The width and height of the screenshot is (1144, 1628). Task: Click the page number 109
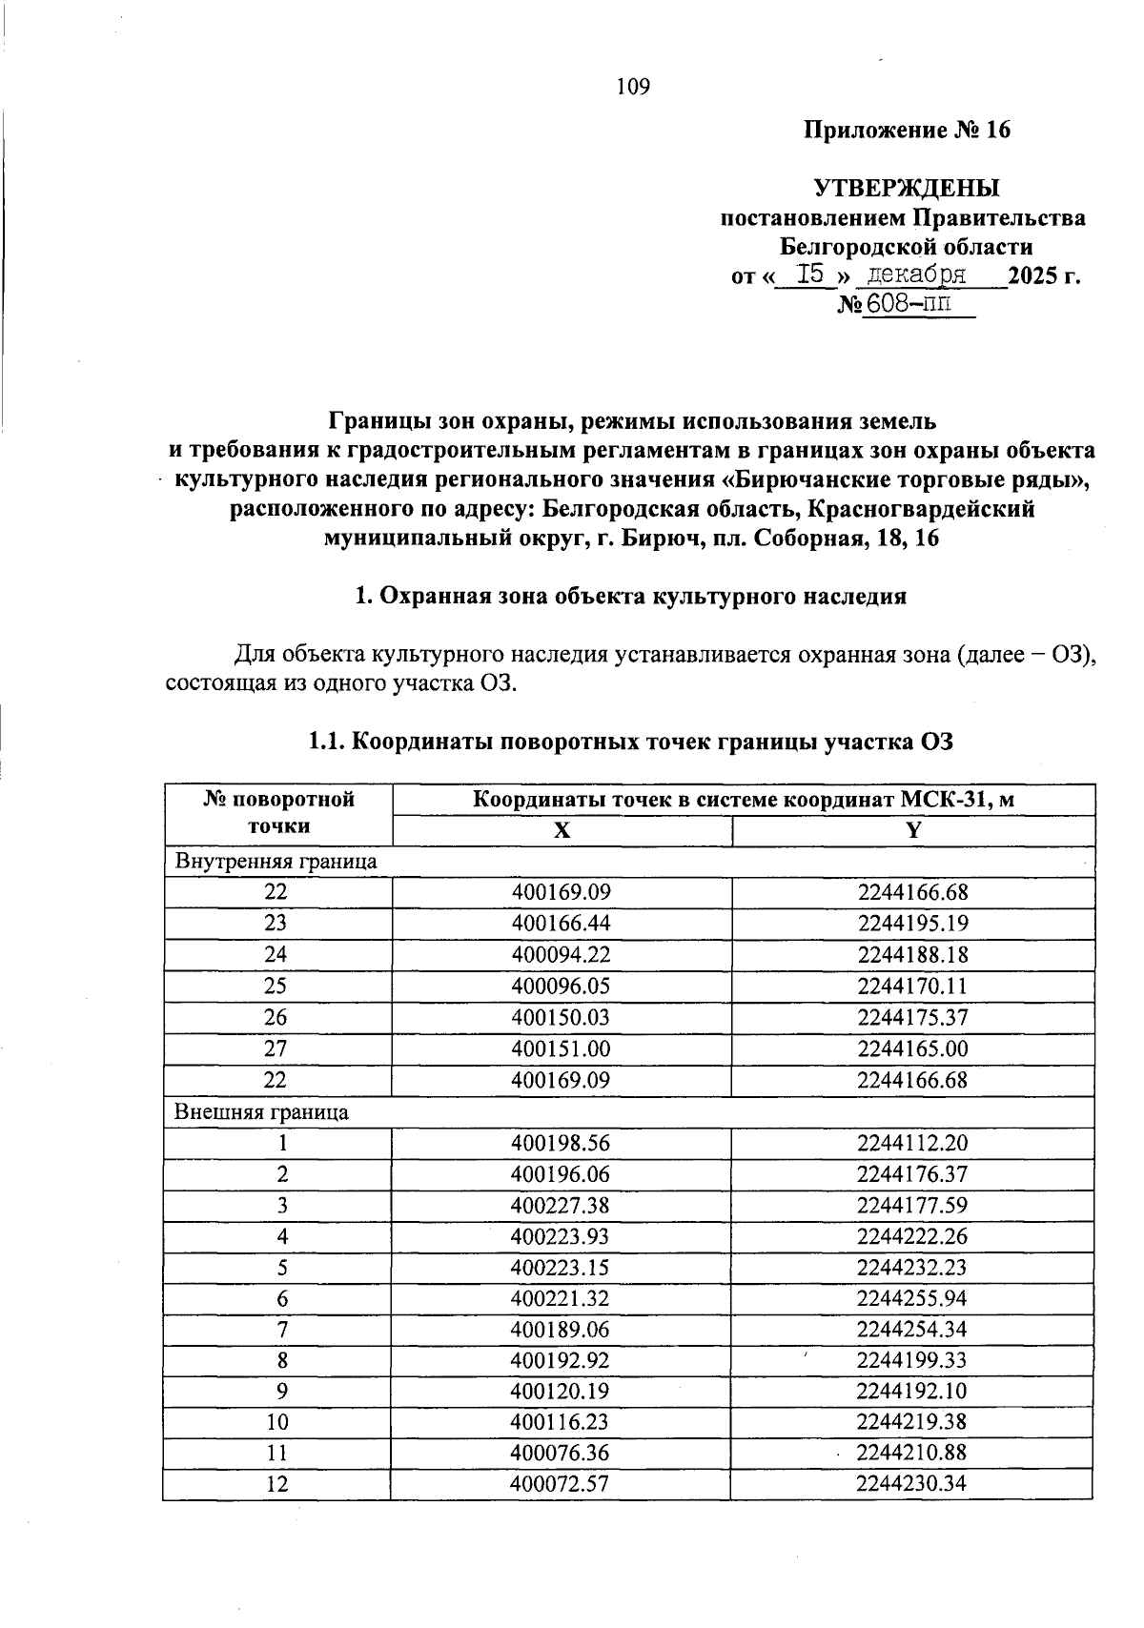pos(633,88)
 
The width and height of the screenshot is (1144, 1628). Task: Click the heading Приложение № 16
pos(906,131)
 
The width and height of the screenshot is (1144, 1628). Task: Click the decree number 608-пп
pos(909,305)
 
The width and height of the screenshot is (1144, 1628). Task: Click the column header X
pos(562,830)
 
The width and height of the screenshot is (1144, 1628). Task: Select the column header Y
pos(913,830)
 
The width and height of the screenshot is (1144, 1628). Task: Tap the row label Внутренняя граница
pos(276,862)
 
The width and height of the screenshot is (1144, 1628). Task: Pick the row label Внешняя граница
pos(261,1112)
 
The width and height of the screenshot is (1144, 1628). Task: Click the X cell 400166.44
pos(561,924)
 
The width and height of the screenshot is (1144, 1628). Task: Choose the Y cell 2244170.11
pos(912,986)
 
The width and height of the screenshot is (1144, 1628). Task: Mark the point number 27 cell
pos(276,1048)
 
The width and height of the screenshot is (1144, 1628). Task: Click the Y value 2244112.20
pos(912,1143)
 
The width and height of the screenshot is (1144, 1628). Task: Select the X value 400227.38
pos(561,1206)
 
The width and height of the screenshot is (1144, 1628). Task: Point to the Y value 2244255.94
pos(912,1299)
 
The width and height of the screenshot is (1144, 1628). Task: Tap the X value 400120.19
pos(561,1391)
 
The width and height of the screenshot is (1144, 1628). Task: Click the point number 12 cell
pos(276,1484)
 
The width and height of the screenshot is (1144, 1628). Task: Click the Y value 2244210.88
pos(912,1453)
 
